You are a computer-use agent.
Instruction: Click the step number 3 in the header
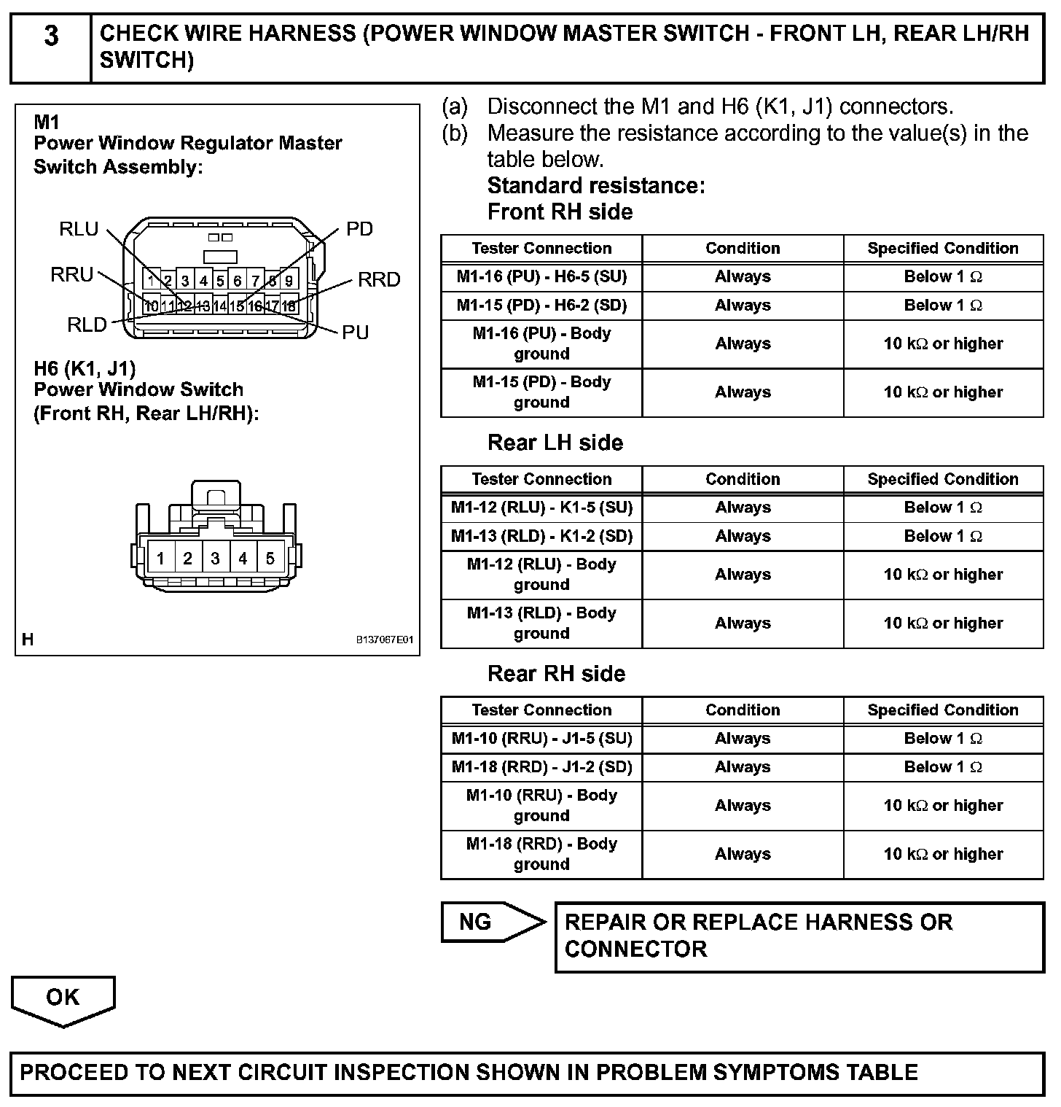click(x=51, y=36)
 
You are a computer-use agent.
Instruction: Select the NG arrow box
click(x=477, y=922)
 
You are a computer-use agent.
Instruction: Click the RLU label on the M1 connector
click(x=79, y=229)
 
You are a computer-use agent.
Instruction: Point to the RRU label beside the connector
click(x=72, y=275)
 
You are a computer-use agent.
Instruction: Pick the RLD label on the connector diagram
click(x=87, y=325)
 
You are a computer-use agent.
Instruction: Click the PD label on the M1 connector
click(x=359, y=229)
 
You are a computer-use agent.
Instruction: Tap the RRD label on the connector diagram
click(x=379, y=279)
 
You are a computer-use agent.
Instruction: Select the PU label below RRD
click(x=356, y=333)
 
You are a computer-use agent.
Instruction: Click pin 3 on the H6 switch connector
click(x=215, y=559)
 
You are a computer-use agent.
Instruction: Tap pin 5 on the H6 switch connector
click(x=270, y=559)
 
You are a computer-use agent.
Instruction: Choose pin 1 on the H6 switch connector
click(x=160, y=559)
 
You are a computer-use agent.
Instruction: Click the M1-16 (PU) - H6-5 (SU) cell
click(x=541, y=277)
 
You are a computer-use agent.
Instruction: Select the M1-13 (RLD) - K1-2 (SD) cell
click(x=541, y=537)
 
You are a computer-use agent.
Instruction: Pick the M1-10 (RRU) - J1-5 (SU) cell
click(x=541, y=739)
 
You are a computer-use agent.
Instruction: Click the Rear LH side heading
click(x=555, y=443)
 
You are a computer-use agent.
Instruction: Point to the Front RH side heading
click(x=560, y=212)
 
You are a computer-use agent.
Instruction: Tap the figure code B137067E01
click(x=384, y=640)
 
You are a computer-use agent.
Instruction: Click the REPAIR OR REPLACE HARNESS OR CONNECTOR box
click(x=799, y=936)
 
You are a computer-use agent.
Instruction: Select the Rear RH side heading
click(x=556, y=674)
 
